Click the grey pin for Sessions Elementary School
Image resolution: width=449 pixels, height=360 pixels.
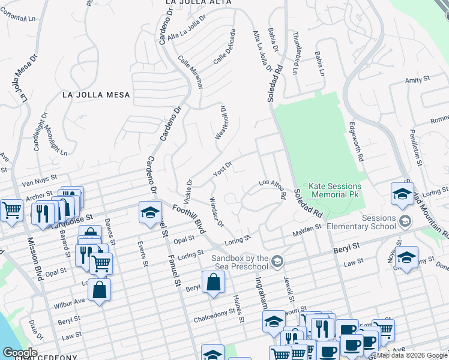pyautogui.click(x=405, y=221)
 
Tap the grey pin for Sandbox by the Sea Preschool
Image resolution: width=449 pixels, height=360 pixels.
pyautogui.click(x=277, y=260)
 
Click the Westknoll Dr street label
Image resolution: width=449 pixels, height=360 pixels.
pyautogui.click(x=220, y=123)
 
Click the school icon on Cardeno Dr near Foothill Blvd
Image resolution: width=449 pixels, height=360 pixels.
pyautogui.click(x=150, y=212)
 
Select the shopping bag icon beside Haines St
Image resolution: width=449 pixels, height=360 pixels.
pyautogui.click(x=213, y=281)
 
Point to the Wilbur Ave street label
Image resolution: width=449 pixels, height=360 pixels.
pyautogui.click(x=71, y=301)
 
